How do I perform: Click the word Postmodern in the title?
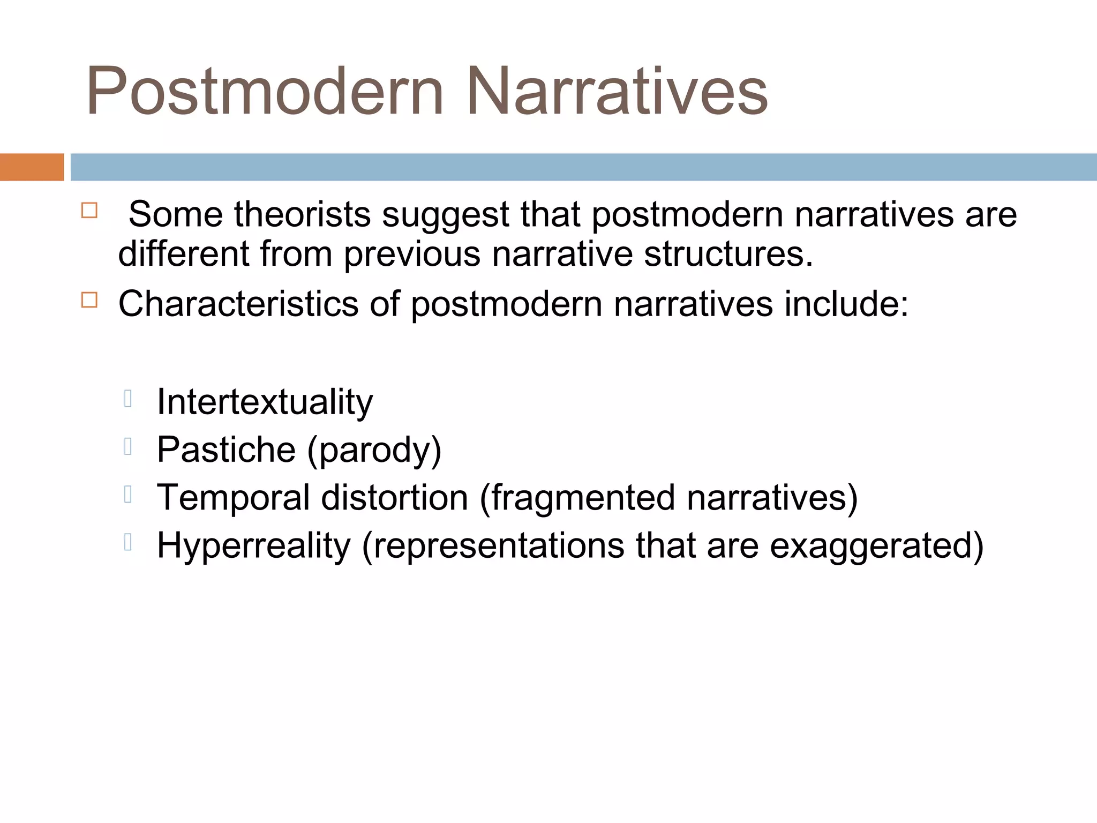tap(265, 91)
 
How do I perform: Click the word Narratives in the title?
tap(617, 91)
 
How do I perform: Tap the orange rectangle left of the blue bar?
tap(32, 167)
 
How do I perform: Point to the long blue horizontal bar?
tap(583, 167)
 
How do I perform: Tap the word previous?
tap(412, 254)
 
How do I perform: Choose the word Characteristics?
tap(238, 304)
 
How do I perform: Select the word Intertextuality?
tap(265, 402)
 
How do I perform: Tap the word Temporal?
tap(233, 498)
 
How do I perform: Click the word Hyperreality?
tap(253, 546)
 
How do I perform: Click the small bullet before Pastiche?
tap(127, 447)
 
